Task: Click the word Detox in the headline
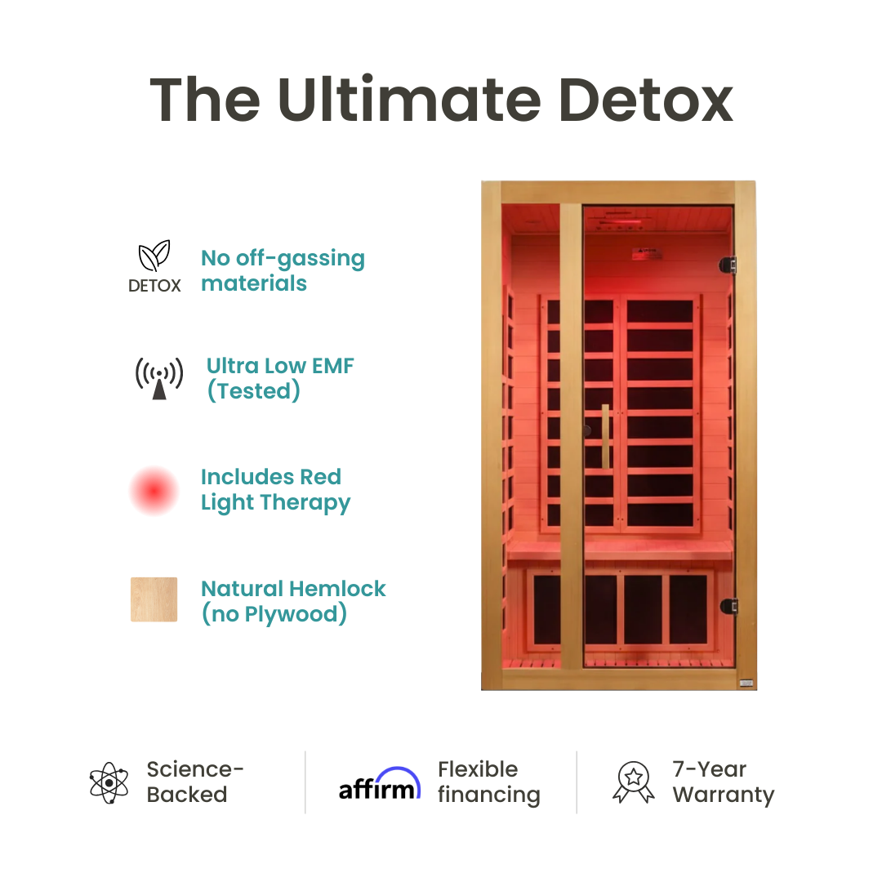(645, 100)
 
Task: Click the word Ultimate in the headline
(408, 100)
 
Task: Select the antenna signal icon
(159, 378)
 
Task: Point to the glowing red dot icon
(154, 490)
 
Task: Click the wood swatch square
(154, 599)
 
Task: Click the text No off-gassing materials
(283, 270)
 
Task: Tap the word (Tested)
(253, 391)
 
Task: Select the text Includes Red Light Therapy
(275, 489)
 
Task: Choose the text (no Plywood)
(274, 614)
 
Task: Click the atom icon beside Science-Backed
(109, 782)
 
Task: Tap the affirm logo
(380, 786)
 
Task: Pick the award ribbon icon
(633, 782)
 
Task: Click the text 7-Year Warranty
(723, 782)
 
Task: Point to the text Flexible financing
(488, 782)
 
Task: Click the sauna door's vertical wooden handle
(606, 436)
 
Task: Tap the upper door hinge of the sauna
(727, 265)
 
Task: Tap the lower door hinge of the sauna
(727, 606)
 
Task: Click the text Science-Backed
(195, 782)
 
